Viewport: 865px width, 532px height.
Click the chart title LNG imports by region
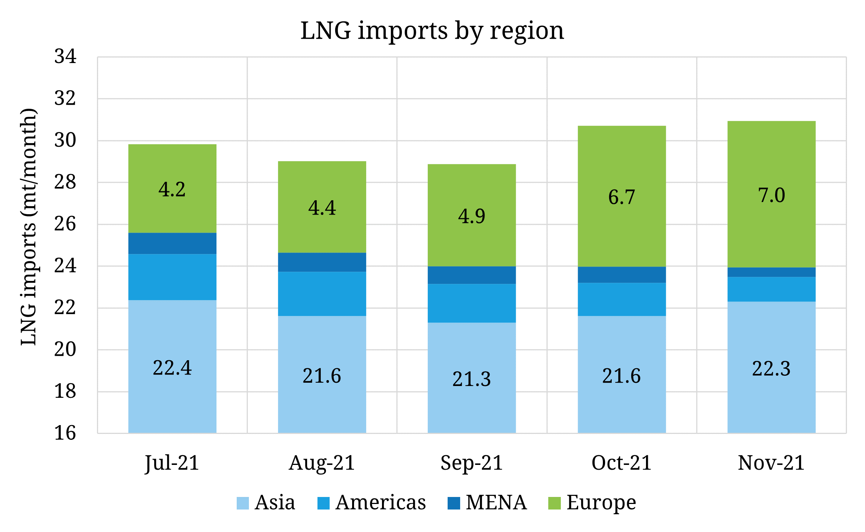[x=432, y=31]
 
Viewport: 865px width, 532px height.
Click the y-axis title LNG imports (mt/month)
[x=29, y=227]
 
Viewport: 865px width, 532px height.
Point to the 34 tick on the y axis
[x=65, y=57]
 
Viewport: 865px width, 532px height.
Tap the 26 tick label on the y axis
[x=65, y=224]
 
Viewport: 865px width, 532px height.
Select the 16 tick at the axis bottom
[x=65, y=433]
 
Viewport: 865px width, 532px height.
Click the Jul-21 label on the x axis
[x=172, y=463]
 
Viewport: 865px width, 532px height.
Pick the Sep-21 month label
[x=472, y=463]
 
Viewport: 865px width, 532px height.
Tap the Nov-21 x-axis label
[x=771, y=463]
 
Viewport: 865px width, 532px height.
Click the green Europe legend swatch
[x=554, y=503]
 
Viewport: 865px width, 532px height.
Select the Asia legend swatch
[x=243, y=503]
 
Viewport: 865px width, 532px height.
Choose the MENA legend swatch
[x=454, y=503]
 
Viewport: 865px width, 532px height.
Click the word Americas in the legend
[x=381, y=503]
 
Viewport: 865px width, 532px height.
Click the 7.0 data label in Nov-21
[x=771, y=195]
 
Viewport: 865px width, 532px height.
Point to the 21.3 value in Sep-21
[x=472, y=379]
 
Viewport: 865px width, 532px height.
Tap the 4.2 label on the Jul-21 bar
[x=172, y=190]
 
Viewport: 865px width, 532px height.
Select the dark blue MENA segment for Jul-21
[x=172, y=243]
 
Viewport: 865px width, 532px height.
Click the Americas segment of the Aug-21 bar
[x=322, y=294]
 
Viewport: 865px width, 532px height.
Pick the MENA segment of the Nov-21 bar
[x=771, y=272]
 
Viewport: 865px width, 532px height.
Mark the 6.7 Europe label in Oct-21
[x=622, y=197]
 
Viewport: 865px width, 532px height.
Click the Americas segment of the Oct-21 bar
[x=622, y=299]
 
